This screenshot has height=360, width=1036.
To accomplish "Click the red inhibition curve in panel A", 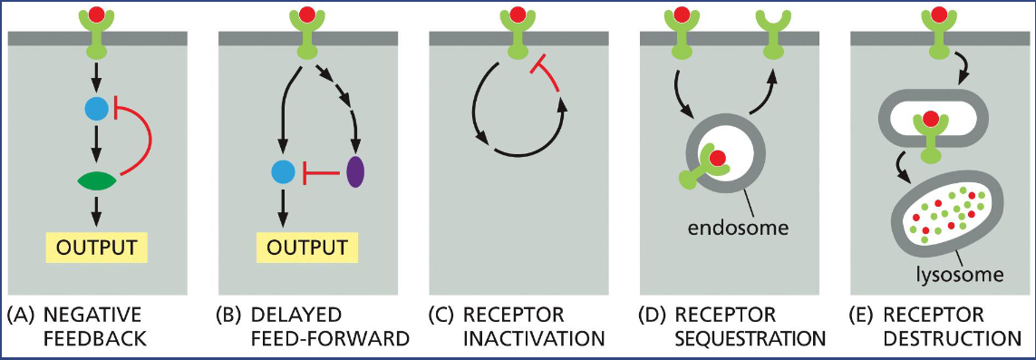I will pos(148,141).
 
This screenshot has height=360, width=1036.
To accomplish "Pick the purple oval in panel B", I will pos(355,170).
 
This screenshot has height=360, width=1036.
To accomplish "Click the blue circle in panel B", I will pos(284,170).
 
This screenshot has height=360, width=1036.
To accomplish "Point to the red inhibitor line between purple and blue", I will pos(318,170).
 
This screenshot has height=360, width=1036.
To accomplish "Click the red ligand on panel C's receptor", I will pos(518,15).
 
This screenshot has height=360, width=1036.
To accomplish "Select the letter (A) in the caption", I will pos(20,316).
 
